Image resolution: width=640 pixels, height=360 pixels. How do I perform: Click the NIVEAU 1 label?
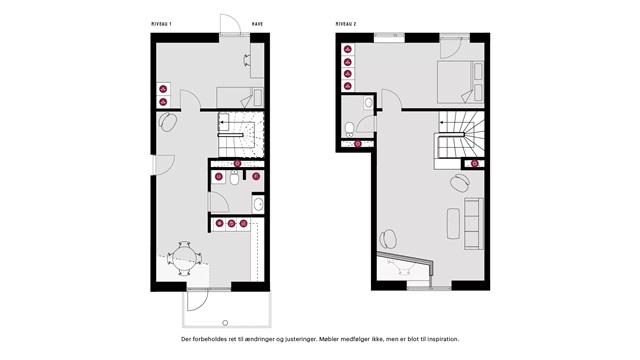(x=161, y=24)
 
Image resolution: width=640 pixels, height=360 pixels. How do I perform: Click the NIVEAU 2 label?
(x=346, y=24)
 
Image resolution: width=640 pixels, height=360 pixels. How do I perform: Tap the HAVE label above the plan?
(x=257, y=24)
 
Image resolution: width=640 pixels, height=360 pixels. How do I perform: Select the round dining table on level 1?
(x=184, y=258)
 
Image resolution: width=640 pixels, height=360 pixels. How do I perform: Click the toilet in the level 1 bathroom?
(x=234, y=178)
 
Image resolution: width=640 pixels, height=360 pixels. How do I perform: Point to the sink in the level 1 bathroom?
(x=258, y=204)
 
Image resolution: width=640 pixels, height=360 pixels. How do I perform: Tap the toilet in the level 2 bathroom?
(x=350, y=129)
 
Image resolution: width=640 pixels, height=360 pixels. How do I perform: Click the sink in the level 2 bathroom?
(x=368, y=102)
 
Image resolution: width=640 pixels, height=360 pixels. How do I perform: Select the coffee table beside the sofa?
(x=453, y=223)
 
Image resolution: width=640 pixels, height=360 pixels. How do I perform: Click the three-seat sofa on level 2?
(x=474, y=224)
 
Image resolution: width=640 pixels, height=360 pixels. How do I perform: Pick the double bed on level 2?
(x=460, y=82)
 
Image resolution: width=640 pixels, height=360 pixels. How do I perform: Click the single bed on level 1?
(x=240, y=98)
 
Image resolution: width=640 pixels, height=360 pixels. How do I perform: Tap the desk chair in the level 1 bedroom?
(x=247, y=60)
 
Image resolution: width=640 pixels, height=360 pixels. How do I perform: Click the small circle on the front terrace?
(x=225, y=323)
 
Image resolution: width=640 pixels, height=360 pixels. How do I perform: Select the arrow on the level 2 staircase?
(x=447, y=122)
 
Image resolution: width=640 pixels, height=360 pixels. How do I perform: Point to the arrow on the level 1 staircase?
(x=227, y=122)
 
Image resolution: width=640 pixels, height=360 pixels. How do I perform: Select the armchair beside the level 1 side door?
(x=168, y=122)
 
